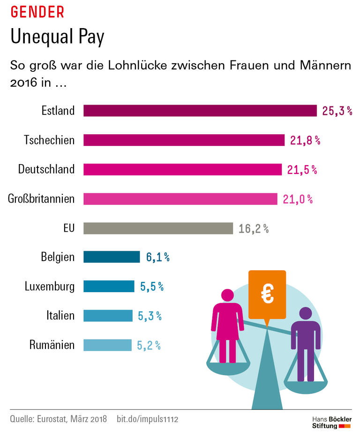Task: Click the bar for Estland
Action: coord(200,111)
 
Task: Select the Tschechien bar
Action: coord(184,140)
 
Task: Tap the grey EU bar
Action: coord(158,228)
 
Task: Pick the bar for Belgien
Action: coord(112,257)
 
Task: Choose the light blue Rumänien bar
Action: coord(107,345)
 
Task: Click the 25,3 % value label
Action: coord(337,111)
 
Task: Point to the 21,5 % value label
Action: coord(302,170)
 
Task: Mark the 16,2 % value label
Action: coord(254,229)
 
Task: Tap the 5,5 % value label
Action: coord(152,287)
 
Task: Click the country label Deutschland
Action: coord(46,169)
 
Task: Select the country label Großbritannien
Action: coord(41,199)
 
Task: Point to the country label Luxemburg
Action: coord(50,287)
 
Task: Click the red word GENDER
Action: coord(37,12)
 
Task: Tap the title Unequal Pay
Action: coord(57,38)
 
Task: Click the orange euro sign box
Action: coord(267,294)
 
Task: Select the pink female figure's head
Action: coord(227,295)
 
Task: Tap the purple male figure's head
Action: coord(305,313)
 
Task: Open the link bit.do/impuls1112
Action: coord(147,418)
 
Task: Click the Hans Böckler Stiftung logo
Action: coord(331,422)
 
